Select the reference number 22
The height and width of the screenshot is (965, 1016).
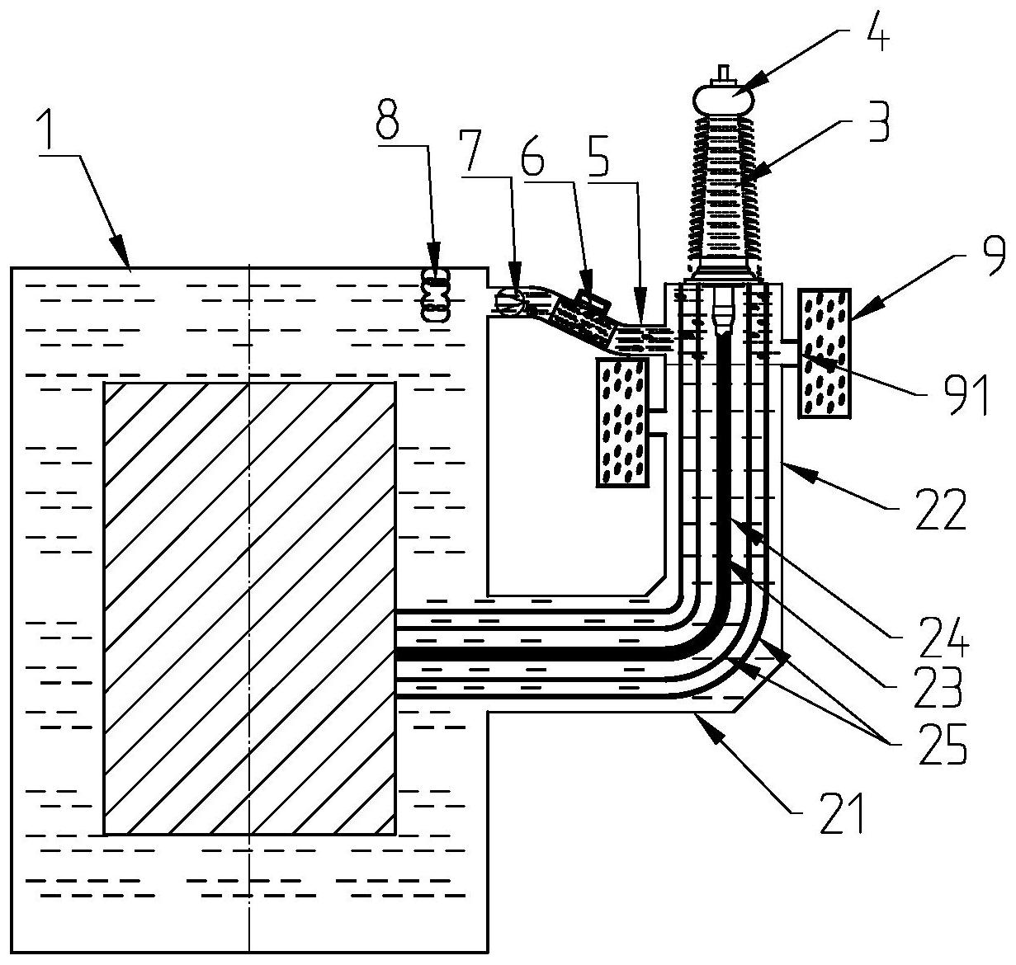pos(943,511)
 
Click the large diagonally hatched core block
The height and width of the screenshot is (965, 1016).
pos(248,608)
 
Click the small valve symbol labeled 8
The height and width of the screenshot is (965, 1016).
pos(436,294)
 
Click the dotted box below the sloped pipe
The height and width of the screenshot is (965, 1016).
pos(623,422)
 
